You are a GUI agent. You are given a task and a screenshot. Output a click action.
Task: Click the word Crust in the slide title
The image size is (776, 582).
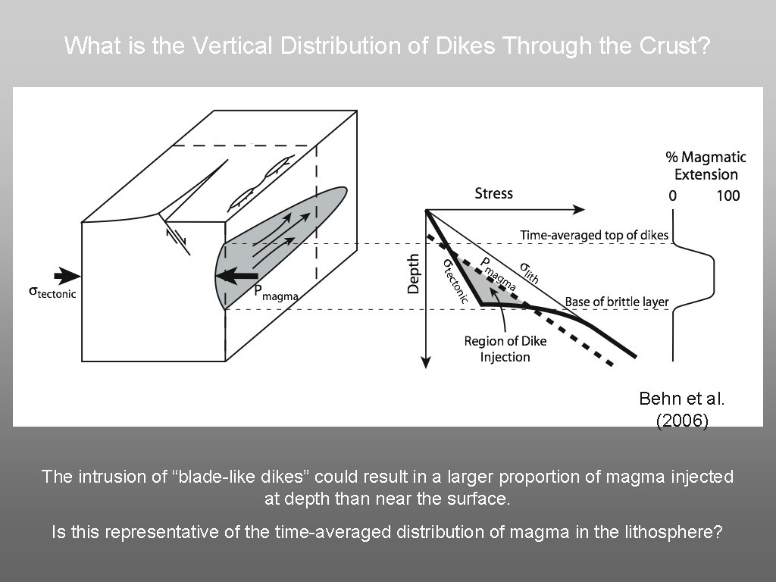pos(674,45)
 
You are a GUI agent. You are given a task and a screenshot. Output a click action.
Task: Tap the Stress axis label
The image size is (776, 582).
pos(493,193)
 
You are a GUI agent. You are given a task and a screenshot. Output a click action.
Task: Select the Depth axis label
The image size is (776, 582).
pos(414,273)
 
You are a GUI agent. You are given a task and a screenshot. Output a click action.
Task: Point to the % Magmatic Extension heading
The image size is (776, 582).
pos(706,165)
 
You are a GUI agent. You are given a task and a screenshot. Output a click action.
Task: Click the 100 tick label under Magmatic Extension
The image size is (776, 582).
pos(727,196)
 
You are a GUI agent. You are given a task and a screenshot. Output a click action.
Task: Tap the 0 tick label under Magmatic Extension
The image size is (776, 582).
pos(672,196)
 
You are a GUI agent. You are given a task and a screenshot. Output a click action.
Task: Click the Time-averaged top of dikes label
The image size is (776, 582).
pos(594,236)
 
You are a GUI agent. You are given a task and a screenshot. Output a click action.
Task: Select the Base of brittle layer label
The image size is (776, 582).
pos(616,302)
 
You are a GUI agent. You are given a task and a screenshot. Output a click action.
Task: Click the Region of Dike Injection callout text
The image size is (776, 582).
pos(505,349)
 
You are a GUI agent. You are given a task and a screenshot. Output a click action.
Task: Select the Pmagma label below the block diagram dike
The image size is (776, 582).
pos(274,293)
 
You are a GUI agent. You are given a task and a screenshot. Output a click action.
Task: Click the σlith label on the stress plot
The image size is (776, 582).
pos(528,272)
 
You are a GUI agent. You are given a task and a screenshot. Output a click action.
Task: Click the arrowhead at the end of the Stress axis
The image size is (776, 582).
pos(579,209)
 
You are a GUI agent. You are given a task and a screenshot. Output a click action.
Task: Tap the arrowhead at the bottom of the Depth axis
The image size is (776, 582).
pos(427,363)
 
